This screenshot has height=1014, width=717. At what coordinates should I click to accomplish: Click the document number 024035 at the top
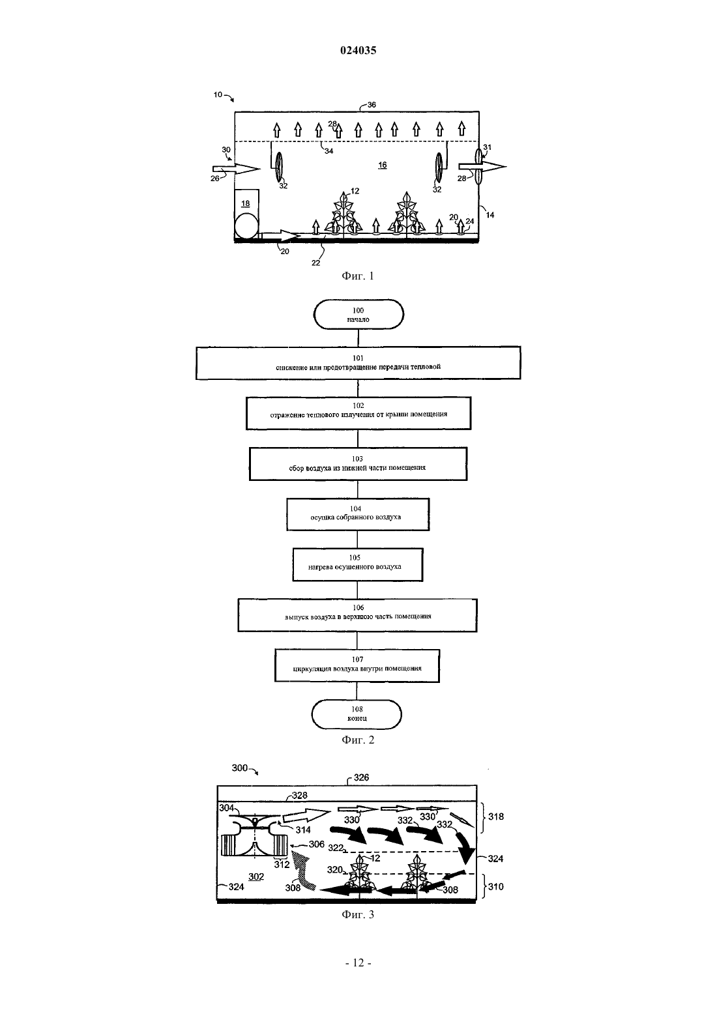click(358, 50)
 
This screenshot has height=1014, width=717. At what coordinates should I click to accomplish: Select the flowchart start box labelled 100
click(358, 314)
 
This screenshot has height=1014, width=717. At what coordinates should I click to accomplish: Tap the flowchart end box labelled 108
click(357, 714)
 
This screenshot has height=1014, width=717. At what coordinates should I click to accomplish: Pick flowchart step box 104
click(358, 514)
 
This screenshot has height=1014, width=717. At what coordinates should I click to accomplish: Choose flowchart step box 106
click(358, 615)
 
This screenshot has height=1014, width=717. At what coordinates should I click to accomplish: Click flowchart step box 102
click(358, 413)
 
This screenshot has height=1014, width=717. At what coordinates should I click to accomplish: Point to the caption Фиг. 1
click(358, 276)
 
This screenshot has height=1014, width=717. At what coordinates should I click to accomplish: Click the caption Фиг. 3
click(358, 923)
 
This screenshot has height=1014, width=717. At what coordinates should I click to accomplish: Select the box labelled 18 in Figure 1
click(246, 204)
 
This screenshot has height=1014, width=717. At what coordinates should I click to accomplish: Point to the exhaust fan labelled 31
click(479, 166)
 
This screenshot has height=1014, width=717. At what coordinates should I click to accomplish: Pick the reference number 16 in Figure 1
click(383, 166)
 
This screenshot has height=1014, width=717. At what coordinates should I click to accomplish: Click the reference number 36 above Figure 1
click(371, 104)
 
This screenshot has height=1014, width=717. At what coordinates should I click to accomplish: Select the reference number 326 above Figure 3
click(361, 777)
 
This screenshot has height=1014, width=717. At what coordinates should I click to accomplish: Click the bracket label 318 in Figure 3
click(495, 817)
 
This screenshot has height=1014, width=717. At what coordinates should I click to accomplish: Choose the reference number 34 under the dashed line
click(329, 151)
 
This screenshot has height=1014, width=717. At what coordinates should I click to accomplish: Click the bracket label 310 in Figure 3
click(495, 886)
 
